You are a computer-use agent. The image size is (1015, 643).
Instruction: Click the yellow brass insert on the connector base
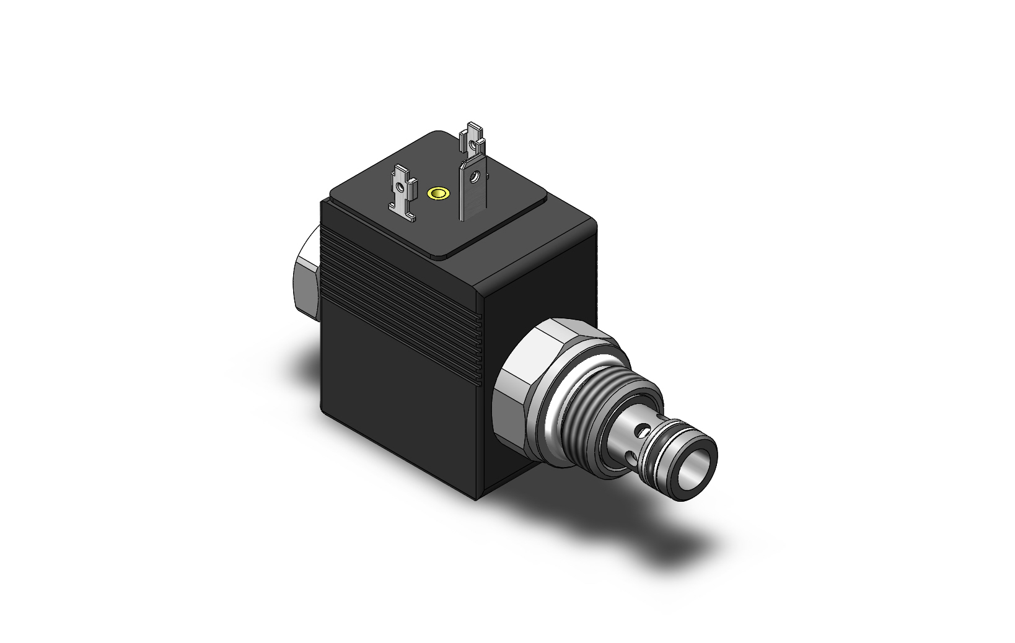(x=439, y=194)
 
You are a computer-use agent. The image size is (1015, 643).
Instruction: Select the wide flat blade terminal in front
(x=473, y=192)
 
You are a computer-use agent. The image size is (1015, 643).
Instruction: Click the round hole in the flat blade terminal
(x=474, y=178)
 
